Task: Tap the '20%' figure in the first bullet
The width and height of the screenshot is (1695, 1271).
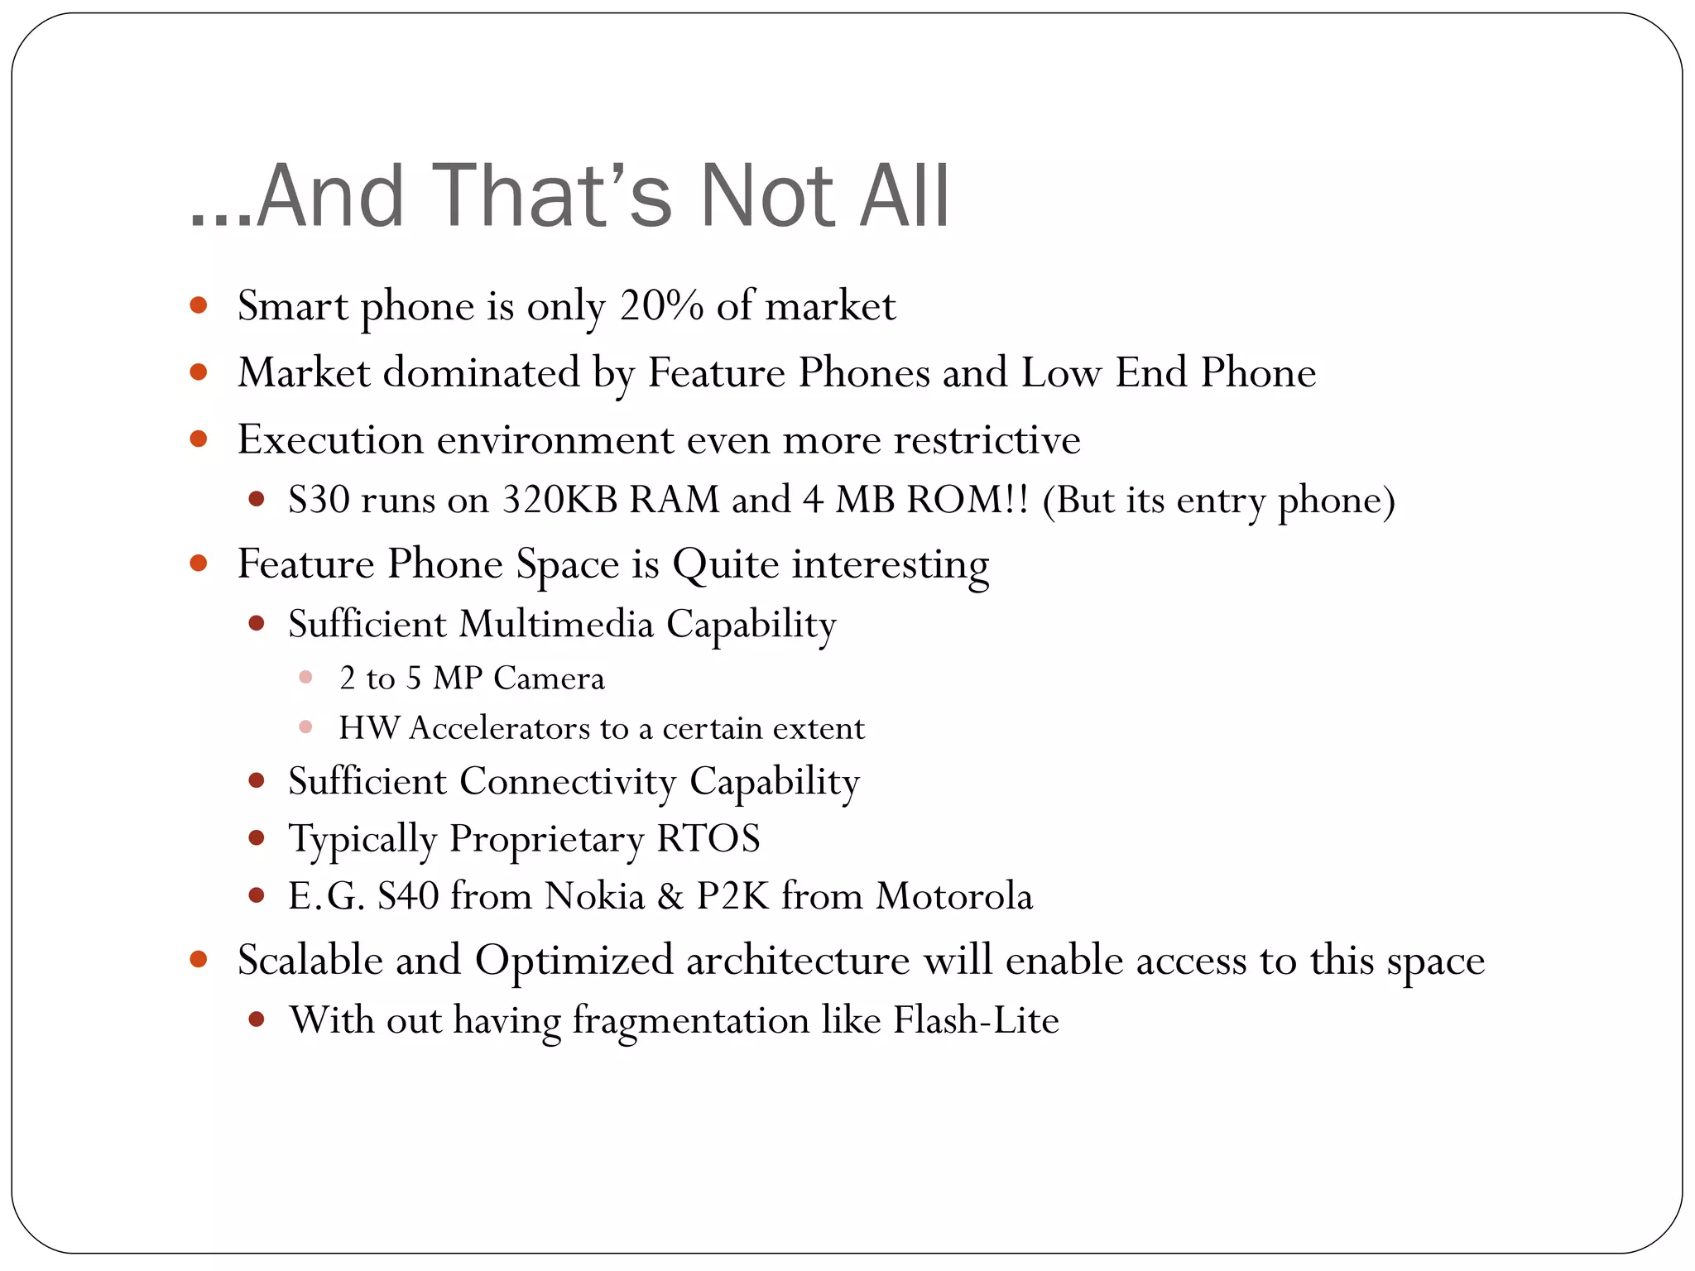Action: point(661,306)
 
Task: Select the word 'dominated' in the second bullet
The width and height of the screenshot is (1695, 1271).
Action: point(482,372)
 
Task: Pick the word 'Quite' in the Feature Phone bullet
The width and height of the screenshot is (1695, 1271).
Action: point(725,564)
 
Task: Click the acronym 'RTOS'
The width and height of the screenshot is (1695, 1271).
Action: point(708,838)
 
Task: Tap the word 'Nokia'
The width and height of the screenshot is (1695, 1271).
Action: point(594,896)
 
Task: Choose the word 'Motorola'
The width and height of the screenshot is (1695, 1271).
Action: point(954,896)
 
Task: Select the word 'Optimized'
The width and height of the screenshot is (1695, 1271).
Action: point(574,961)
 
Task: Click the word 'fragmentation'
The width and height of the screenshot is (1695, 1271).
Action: point(690,1020)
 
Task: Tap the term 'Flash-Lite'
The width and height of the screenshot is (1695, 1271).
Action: point(976,1020)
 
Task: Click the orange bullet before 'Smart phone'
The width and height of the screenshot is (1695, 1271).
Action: point(198,305)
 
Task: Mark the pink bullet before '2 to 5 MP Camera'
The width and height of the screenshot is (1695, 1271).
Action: point(305,678)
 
